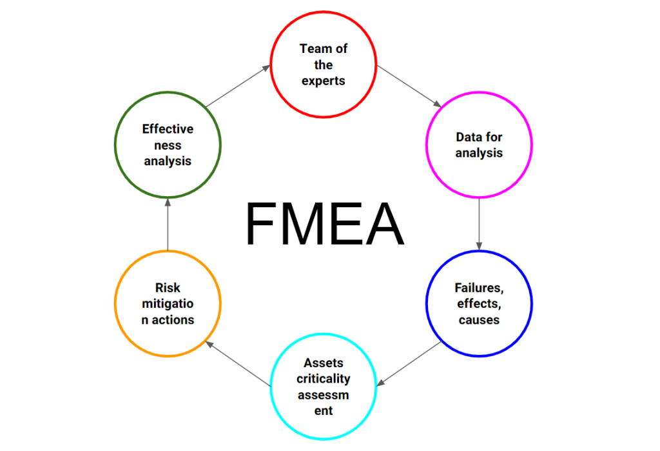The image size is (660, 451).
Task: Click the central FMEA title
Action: (324, 225)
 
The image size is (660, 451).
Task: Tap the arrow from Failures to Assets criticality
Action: (409, 364)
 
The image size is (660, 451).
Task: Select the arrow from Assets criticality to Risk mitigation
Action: (237, 364)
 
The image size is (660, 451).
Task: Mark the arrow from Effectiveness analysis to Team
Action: (238, 86)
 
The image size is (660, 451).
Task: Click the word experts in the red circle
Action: (324, 81)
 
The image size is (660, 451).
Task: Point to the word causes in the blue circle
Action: (479, 320)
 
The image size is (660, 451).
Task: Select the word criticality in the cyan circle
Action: (324, 379)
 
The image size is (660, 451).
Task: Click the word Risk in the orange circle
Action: (168, 287)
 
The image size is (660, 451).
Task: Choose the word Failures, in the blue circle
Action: (479, 288)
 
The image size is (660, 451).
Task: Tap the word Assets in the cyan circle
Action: (324, 363)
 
